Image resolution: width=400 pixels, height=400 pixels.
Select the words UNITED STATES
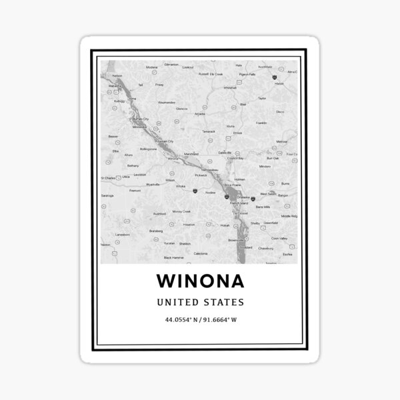coord(200,301)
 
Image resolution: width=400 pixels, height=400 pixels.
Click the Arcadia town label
coord(199,114)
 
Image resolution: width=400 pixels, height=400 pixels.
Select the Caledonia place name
coord(200,253)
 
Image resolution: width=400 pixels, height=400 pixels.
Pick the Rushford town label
coord(158,213)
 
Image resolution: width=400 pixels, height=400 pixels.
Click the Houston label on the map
coord(189,225)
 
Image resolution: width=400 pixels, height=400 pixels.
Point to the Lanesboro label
coord(122,235)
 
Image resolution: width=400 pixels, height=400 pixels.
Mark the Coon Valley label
coord(279,238)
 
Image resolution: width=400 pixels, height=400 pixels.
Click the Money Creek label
coord(181,211)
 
